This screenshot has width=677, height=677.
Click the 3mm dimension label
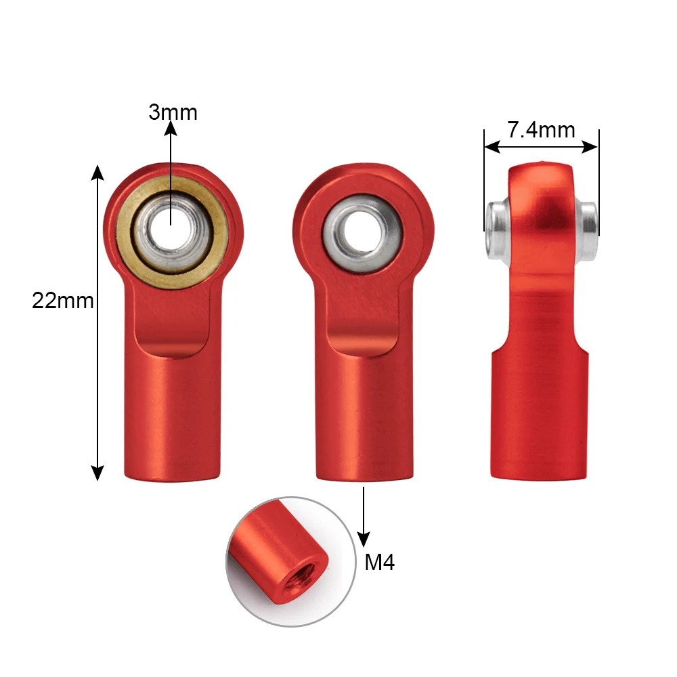click(x=173, y=112)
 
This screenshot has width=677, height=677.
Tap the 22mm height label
click(x=62, y=301)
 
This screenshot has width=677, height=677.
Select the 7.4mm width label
click(x=541, y=129)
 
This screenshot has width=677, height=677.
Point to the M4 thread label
click(x=379, y=563)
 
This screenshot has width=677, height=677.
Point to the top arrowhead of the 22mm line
click(x=98, y=173)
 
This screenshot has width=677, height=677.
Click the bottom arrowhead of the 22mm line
click(x=98, y=472)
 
